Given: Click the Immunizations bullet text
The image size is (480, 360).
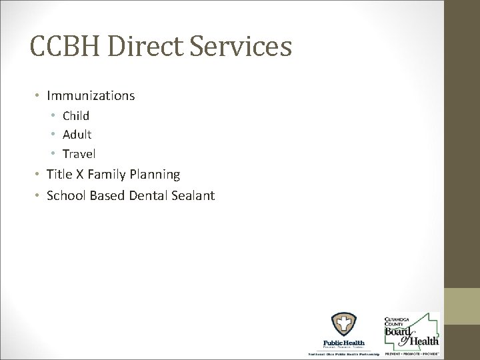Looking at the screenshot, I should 90,96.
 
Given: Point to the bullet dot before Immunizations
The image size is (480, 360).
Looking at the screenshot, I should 38,96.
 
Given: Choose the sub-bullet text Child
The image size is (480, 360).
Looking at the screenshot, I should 76,115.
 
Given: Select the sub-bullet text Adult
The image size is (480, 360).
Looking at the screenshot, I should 77,135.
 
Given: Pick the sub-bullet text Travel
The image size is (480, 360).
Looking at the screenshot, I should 79,154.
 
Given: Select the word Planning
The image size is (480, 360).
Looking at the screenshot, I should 155,175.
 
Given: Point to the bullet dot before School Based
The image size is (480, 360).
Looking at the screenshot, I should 38,196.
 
